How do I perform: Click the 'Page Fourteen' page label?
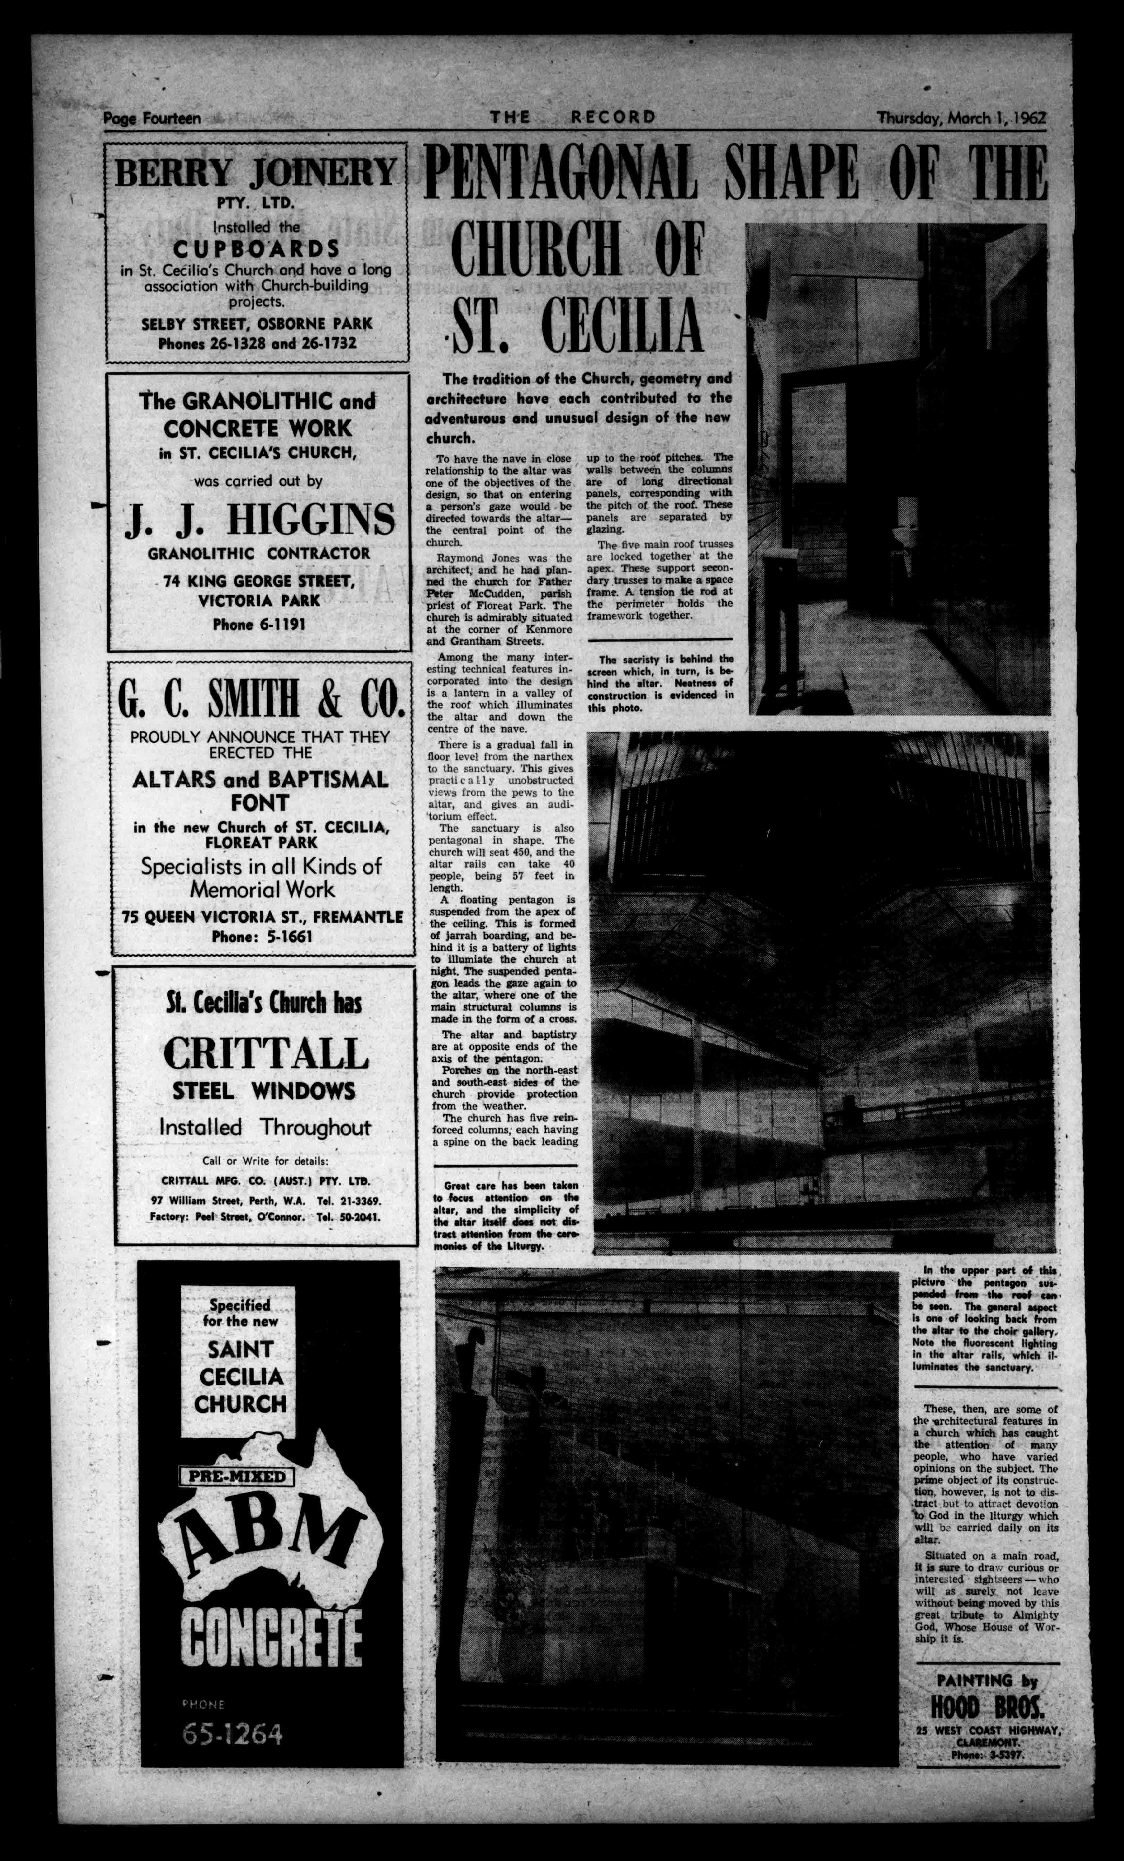tap(152, 119)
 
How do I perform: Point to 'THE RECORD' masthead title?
tap(572, 118)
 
